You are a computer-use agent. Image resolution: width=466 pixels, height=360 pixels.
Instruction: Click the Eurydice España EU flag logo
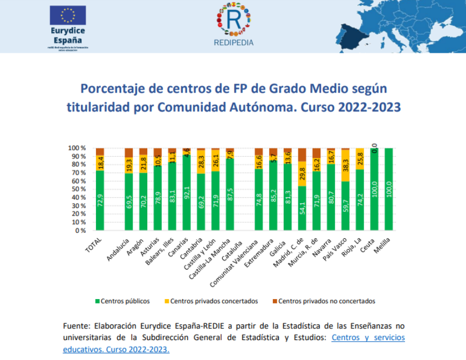click(67, 16)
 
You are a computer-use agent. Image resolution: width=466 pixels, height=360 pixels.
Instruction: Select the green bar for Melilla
click(388, 189)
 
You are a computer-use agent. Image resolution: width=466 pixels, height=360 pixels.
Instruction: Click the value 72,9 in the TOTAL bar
click(100, 200)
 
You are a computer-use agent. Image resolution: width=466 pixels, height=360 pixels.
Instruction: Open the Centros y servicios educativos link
click(368, 338)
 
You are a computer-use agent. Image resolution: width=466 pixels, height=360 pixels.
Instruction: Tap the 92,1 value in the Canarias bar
click(187, 192)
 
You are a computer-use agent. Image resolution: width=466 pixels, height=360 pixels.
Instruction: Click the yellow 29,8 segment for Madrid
click(302, 173)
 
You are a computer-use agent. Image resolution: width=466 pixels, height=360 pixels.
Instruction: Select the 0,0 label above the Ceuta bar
click(374, 144)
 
